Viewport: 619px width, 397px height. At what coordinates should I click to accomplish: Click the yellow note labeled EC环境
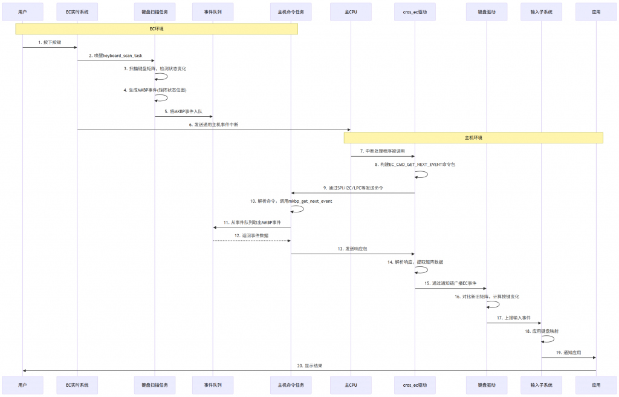(x=157, y=29)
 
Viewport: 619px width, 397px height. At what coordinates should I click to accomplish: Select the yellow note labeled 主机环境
(x=473, y=137)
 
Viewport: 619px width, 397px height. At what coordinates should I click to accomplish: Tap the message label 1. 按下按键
(x=50, y=42)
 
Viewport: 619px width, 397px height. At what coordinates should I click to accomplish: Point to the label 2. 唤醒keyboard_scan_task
(x=115, y=56)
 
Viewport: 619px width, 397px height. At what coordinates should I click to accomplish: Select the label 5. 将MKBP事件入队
(x=184, y=111)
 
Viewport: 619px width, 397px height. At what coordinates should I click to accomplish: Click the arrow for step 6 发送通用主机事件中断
(x=214, y=130)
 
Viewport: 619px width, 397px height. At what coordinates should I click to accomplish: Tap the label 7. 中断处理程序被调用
(x=383, y=151)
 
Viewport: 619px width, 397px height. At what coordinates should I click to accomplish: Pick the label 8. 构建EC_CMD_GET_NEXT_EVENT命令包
(x=415, y=165)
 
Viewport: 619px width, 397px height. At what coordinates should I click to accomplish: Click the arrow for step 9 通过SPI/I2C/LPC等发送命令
(x=353, y=193)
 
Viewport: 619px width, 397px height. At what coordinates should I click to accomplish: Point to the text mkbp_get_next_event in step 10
(x=310, y=202)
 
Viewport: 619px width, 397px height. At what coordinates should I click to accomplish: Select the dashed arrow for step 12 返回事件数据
(x=252, y=241)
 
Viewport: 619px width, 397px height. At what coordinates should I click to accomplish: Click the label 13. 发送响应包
(x=352, y=249)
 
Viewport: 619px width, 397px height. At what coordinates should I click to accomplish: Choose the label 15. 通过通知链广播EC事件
(x=450, y=283)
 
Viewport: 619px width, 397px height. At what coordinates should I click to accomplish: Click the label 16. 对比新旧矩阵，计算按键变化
(x=487, y=297)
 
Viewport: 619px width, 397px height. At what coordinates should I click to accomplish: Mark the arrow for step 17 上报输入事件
(x=514, y=323)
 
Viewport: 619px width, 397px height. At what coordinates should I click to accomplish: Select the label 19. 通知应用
(x=568, y=352)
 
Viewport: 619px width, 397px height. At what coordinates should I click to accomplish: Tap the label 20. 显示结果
(x=309, y=366)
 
